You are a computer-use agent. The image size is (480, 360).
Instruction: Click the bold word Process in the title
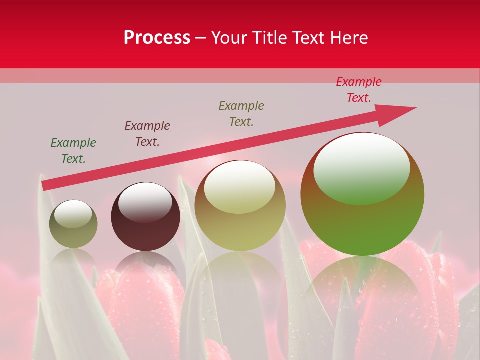[157, 38]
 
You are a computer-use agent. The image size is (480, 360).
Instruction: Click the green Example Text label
[73, 151]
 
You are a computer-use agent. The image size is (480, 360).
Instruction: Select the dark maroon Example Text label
[147, 134]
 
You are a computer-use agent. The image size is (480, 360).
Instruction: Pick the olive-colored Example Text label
[241, 114]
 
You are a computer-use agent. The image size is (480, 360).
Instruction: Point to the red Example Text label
[359, 90]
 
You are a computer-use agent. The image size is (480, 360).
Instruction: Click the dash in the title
[201, 38]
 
